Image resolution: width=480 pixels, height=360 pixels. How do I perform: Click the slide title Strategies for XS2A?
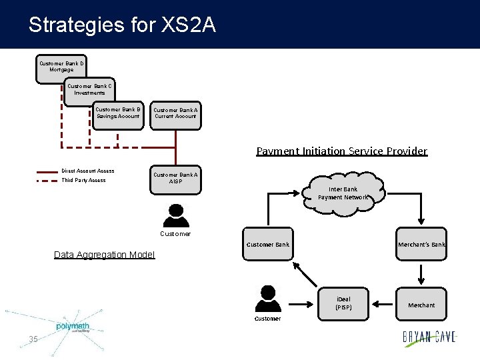(x=122, y=25)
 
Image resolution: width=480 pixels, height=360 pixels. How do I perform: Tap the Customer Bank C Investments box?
(x=90, y=89)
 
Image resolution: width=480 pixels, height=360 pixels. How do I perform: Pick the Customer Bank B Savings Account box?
(x=118, y=113)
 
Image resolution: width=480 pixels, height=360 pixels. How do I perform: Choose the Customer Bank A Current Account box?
(x=175, y=113)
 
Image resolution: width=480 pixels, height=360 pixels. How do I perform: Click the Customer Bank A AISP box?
(x=175, y=178)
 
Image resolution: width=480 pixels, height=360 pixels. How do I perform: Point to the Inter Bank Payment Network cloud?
(x=343, y=193)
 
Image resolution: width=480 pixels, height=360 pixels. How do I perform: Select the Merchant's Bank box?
(x=421, y=245)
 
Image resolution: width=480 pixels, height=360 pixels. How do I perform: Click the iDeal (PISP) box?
(x=343, y=303)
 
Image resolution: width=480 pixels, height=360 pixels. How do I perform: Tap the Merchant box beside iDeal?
(x=421, y=305)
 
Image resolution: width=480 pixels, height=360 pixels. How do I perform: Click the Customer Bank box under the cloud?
(x=268, y=245)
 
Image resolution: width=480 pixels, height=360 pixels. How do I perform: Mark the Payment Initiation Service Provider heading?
(x=341, y=151)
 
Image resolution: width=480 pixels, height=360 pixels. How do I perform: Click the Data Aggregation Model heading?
(x=104, y=255)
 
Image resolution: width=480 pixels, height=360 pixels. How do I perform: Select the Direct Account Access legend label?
(x=87, y=171)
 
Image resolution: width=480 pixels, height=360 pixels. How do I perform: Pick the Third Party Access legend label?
(x=83, y=180)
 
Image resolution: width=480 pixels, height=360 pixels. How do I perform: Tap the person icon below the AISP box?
(x=175, y=215)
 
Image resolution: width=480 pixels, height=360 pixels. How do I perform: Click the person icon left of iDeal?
(x=267, y=299)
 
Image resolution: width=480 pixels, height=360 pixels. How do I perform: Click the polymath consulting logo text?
(x=73, y=327)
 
